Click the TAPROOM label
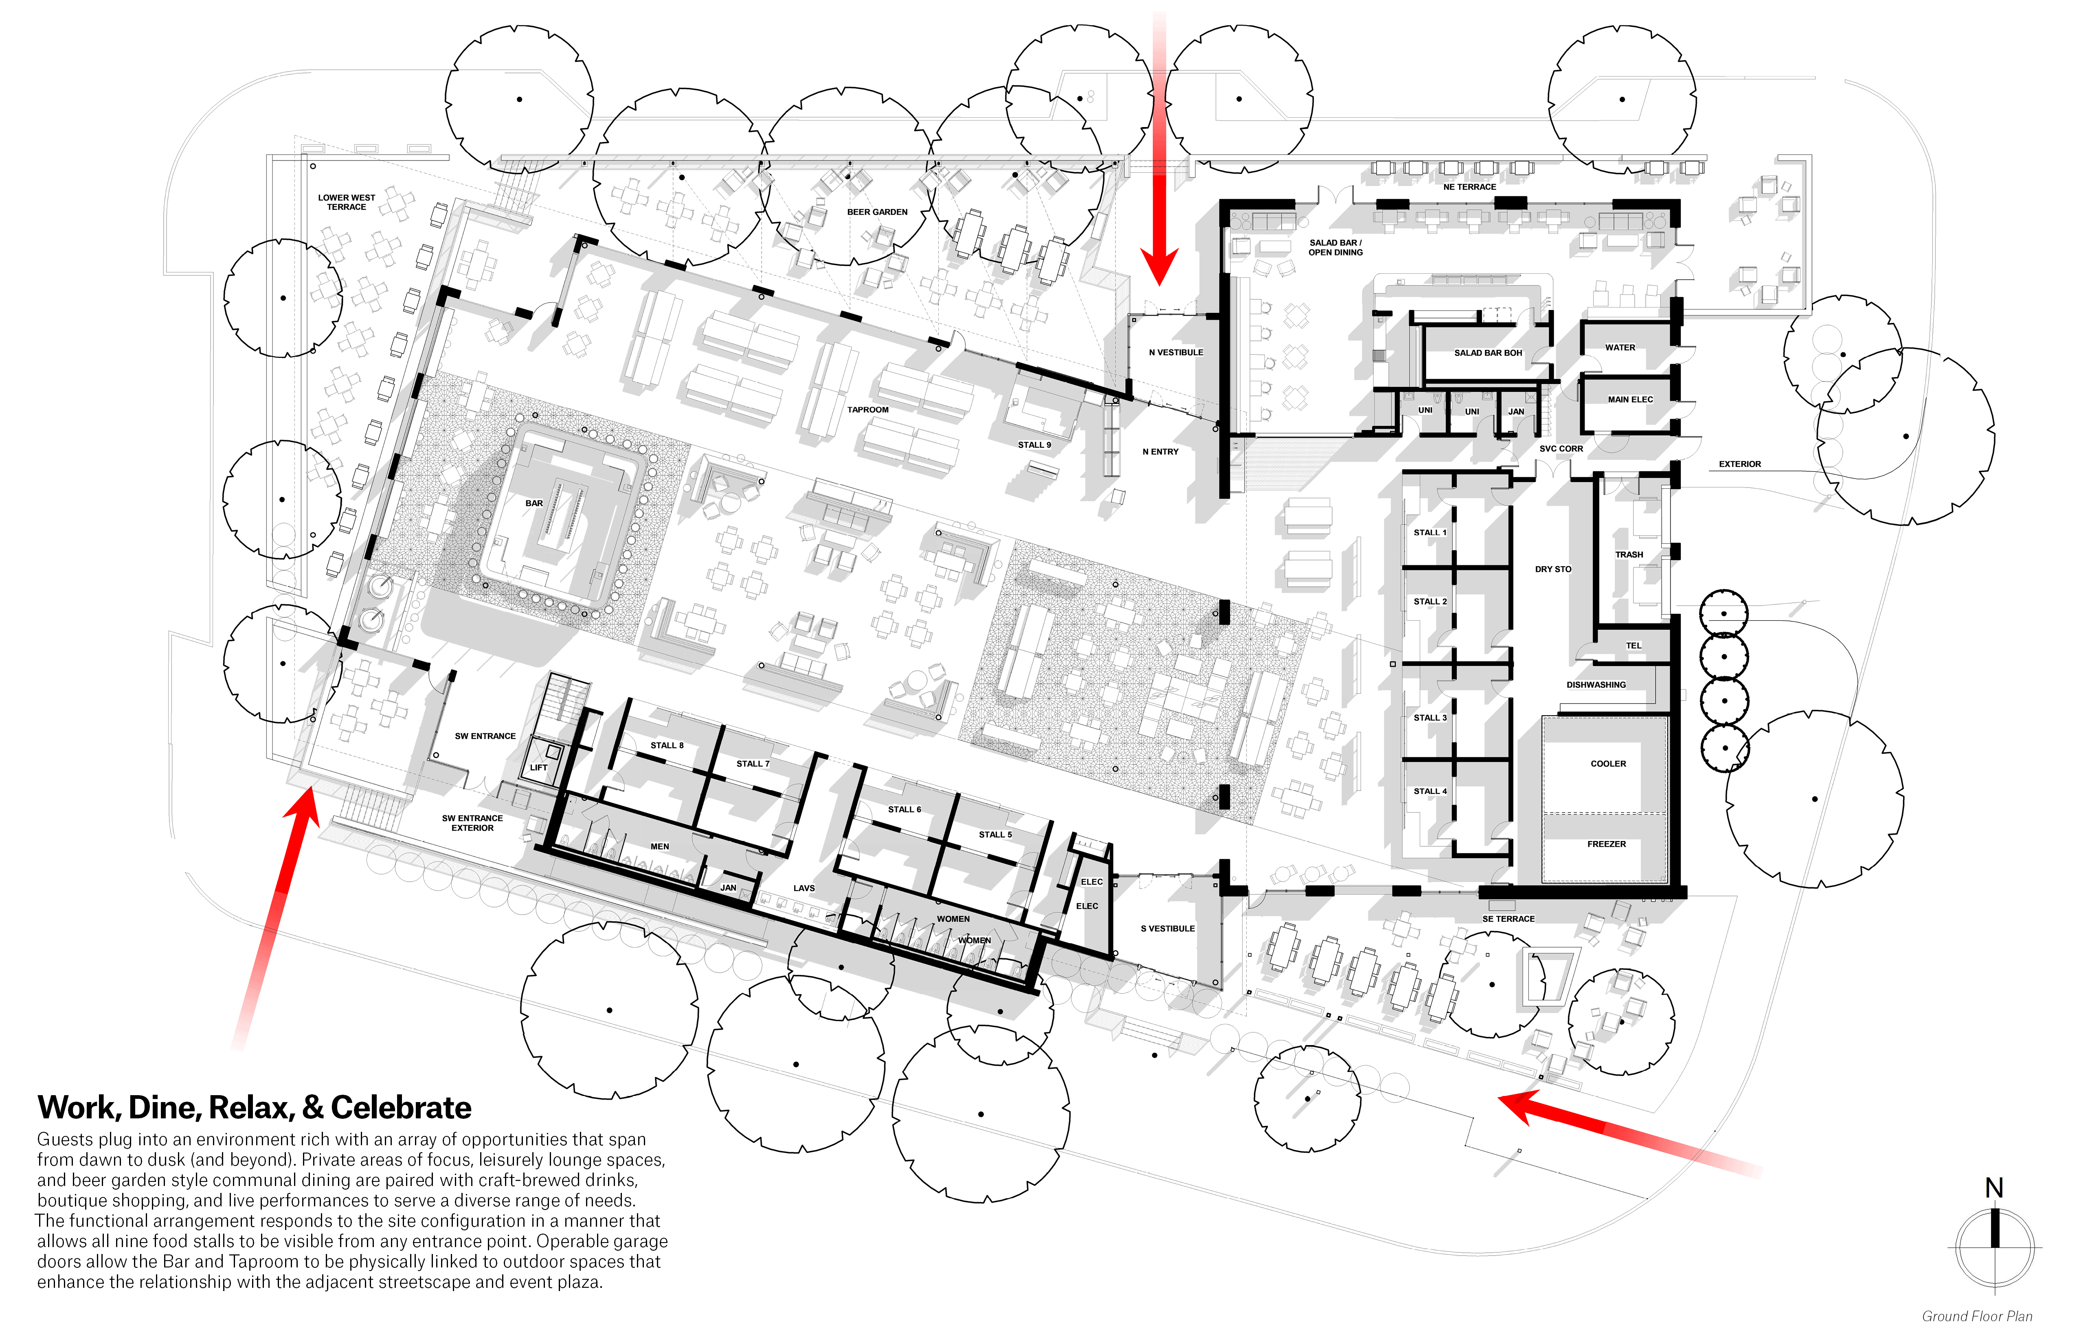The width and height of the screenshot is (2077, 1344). click(x=867, y=409)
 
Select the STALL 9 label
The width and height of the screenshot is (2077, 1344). click(x=1034, y=445)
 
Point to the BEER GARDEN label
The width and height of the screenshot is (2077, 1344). click(x=877, y=212)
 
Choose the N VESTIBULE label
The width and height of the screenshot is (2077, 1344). click(x=1175, y=353)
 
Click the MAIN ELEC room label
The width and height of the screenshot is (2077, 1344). click(x=1630, y=400)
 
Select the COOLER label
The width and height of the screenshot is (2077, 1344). click(x=1608, y=764)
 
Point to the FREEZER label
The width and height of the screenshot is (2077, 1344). click(x=1607, y=844)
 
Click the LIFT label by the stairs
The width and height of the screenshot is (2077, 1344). click(x=538, y=768)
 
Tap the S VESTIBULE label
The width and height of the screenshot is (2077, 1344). click(x=1168, y=929)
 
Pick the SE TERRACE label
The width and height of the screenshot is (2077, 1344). click(x=1508, y=919)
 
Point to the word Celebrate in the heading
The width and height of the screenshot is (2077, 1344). click(x=402, y=1107)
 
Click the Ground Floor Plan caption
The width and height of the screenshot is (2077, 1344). click(x=1977, y=1316)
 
